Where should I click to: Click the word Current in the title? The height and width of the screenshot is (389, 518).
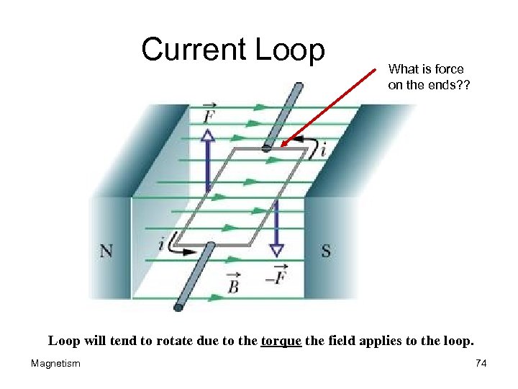tap(194, 50)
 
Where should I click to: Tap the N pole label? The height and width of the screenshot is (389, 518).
tap(106, 251)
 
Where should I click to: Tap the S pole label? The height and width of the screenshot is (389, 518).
tap(326, 251)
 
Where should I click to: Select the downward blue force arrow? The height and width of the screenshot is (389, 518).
tap(276, 227)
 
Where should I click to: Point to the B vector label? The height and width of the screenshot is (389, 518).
tap(233, 284)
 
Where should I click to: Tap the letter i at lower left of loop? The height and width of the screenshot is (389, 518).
tap(160, 244)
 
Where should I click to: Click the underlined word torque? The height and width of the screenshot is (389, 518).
tap(281, 340)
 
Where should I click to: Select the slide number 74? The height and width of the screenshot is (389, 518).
tap(481, 364)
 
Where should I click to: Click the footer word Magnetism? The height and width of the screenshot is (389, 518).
tap(55, 364)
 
